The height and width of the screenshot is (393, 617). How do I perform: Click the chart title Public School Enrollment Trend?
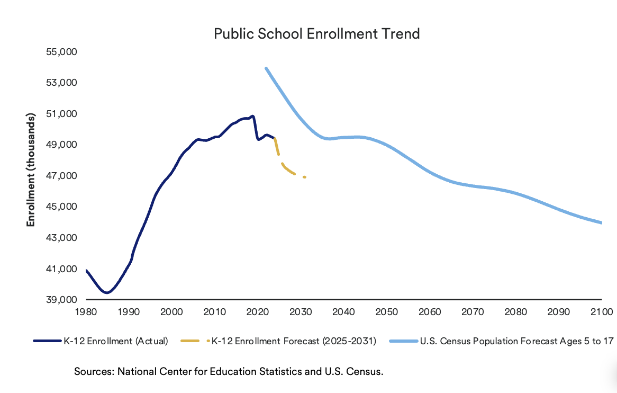pyautogui.click(x=317, y=34)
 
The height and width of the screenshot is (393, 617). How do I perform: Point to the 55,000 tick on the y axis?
pyautogui.click(x=61, y=52)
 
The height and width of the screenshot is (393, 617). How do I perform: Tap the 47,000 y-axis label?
pyautogui.click(x=61, y=176)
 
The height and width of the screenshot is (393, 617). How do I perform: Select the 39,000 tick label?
pyautogui.click(x=61, y=300)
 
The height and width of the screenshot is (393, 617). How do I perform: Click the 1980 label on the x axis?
pyautogui.click(x=86, y=312)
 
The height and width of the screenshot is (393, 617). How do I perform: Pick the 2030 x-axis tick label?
pyautogui.click(x=301, y=312)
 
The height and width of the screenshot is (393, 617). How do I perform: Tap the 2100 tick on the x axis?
pyautogui.click(x=602, y=312)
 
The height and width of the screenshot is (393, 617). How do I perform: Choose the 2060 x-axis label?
pyautogui.click(x=430, y=312)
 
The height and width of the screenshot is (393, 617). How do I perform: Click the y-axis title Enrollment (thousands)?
pyautogui.click(x=31, y=169)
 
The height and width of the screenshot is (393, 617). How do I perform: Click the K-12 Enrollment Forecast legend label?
pyautogui.click(x=294, y=341)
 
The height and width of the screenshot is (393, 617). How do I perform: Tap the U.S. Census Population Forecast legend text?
pyautogui.click(x=516, y=341)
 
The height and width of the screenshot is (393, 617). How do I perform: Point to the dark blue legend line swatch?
pyautogui.click(x=48, y=341)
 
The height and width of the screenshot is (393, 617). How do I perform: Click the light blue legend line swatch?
pyautogui.click(x=403, y=341)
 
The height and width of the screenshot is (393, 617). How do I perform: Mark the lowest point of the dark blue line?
pyautogui.click(x=107, y=292)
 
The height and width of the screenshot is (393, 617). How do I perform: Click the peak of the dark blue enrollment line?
pyautogui.click(x=252, y=116)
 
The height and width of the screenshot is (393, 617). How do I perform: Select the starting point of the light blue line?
pyautogui.click(x=266, y=68)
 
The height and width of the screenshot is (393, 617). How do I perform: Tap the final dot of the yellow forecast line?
pyautogui.click(x=305, y=177)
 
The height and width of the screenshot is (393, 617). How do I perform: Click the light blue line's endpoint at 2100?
pyautogui.click(x=601, y=223)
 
